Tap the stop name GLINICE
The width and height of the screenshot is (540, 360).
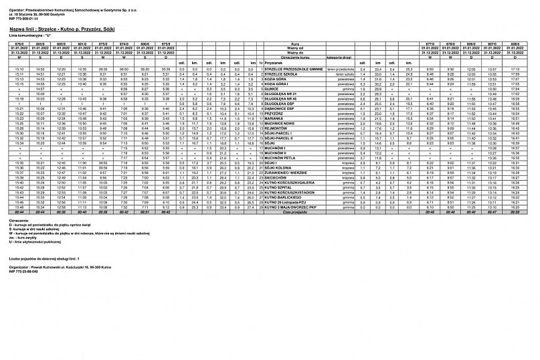pos(275,88)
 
